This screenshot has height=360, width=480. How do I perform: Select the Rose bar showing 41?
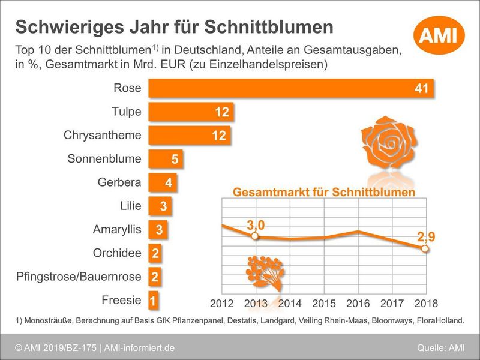tap(290, 88)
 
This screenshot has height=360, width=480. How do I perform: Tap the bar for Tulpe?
tap(190, 112)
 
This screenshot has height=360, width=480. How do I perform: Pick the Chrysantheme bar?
tap(190, 135)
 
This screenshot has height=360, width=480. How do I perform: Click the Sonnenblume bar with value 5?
tap(165, 159)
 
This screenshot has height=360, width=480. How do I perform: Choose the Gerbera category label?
tap(119, 182)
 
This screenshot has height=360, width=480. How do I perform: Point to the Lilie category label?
tap(131, 206)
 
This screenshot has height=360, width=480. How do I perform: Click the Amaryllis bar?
tap(158, 230)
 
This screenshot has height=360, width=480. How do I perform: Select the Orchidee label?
tap(117, 253)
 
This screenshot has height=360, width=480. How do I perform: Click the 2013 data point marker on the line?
tap(256, 236)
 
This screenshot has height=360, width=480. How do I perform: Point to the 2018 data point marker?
tap(425, 248)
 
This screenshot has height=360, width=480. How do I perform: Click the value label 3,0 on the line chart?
tap(256, 225)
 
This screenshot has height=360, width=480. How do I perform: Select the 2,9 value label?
tap(425, 236)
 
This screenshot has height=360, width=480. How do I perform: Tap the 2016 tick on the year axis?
tap(358, 303)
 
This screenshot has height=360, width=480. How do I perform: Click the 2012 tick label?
tap(222, 303)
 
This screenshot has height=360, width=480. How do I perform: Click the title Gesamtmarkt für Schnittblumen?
tap(324, 193)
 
